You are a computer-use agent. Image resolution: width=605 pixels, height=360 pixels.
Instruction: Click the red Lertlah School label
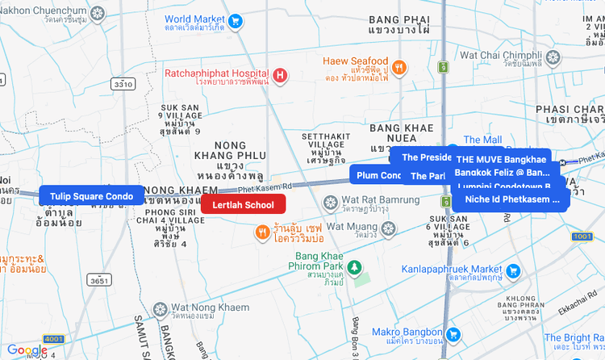point(243,204)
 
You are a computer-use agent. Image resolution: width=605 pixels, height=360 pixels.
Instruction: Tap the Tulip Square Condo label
point(91,195)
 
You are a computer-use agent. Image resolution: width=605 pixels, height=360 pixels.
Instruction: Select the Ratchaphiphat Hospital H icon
point(280,76)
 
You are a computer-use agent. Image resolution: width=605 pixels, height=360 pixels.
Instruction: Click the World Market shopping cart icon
point(236,22)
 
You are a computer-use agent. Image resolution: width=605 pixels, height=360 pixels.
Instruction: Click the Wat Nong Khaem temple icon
point(160,309)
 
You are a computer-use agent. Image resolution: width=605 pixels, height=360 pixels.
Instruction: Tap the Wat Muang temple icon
point(388,228)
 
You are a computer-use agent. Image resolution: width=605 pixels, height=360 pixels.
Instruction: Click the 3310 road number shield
point(123,84)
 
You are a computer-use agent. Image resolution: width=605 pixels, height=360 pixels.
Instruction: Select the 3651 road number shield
point(98,281)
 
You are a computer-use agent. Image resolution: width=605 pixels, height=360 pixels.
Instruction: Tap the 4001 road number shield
point(55,339)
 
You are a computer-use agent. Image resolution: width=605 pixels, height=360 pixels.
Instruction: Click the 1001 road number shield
point(582,237)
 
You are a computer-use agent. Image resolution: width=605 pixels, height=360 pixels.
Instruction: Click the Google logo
point(27,350)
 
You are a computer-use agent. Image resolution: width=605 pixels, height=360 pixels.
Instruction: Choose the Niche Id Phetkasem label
point(511,199)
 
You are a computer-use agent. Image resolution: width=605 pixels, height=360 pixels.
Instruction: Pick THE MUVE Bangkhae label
point(500,159)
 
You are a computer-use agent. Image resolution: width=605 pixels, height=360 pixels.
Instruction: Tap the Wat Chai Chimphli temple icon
point(553,57)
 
